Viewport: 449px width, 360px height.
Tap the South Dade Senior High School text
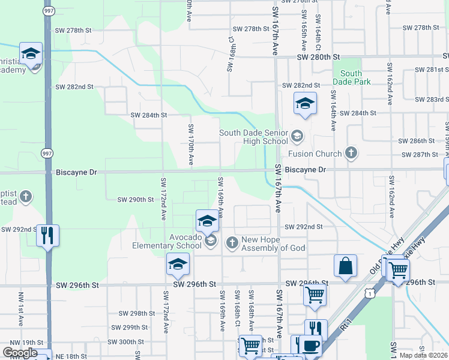(x=253, y=137)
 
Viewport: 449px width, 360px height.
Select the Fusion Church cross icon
(x=351, y=154)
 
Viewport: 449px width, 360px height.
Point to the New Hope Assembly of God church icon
(x=232, y=242)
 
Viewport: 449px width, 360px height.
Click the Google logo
(x=20, y=352)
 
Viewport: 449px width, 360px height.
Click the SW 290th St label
(x=136, y=199)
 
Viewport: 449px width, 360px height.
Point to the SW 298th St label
(x=137, y=314)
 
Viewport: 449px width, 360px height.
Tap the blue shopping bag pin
(x=345, y=266)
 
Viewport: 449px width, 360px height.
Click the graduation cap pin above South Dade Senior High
(x=304, y=103)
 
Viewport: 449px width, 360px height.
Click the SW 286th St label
(x=419, y=141)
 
